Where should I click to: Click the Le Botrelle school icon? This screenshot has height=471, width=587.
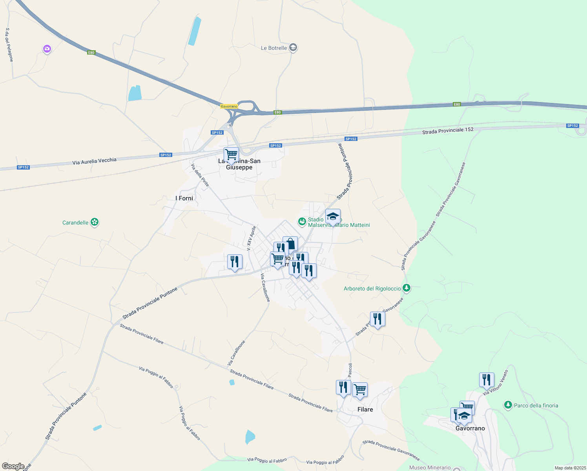pos(293,48)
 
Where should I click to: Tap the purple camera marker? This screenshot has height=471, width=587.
pos(47,49)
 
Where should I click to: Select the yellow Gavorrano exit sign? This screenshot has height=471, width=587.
pos(229,106)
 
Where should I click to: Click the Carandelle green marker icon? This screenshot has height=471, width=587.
pos(95,222)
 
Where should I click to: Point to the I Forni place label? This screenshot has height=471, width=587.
pos(184,198)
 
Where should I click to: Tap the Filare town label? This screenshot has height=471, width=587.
pos(365,409)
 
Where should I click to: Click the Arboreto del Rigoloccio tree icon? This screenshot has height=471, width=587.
pos(407,288)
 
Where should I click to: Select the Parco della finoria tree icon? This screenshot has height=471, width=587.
pos(508,405)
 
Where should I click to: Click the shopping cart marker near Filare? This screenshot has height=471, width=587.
pos(360,390)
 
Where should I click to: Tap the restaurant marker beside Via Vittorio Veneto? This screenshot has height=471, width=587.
pos(486,380)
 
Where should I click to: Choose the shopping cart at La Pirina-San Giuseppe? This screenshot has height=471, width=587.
pos(231,155)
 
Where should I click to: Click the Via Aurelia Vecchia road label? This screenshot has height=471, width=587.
pos(94,161)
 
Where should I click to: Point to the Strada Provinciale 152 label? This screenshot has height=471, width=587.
pos(448,131)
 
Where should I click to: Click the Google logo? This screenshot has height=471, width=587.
pos(13,466)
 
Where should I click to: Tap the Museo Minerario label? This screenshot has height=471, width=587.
pos(430,467)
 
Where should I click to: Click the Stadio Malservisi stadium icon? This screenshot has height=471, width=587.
pos(302,222)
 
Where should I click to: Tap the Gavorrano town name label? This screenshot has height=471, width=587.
pos(470,428)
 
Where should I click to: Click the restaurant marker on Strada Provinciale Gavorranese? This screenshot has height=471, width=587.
pos(377,319)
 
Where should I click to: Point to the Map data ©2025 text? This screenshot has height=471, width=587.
pos(570,468)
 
